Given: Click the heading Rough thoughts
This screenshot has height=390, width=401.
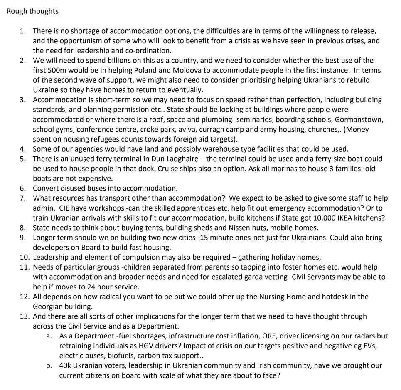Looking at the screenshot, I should pos(32,11).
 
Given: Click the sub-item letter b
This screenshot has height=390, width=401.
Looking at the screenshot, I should pos(49,365).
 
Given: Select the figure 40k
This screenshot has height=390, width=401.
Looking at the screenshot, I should pos(66,365).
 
